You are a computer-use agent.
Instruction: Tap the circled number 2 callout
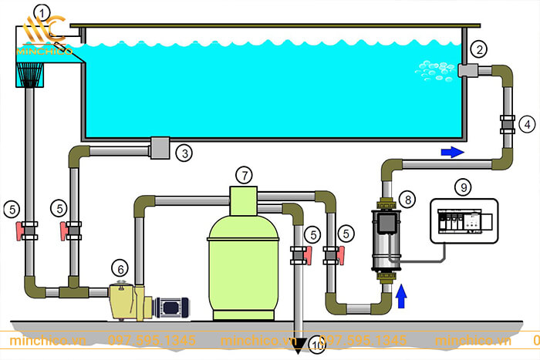click(480, 50)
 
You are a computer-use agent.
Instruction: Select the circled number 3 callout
click(184, 153)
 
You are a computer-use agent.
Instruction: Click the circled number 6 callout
click(119, 268)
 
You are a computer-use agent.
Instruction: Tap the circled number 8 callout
click(409, 200)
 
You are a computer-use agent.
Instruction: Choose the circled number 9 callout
click(463, 186)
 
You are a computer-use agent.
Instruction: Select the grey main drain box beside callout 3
click(161, 147)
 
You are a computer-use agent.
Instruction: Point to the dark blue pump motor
click(170, 307)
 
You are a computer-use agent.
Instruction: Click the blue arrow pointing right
click(452, 152)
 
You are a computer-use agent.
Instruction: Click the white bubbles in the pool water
click(436, 69)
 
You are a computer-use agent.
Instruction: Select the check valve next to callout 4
click(508, 123)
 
